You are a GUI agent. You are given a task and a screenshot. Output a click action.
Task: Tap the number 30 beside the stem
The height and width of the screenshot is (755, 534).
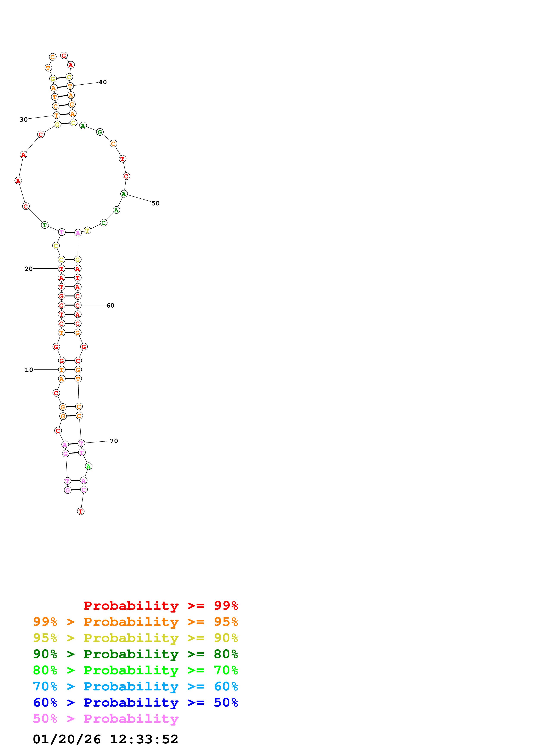point(24,119)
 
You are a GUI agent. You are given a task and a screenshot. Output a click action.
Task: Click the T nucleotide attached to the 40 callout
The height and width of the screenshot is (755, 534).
point(70,86)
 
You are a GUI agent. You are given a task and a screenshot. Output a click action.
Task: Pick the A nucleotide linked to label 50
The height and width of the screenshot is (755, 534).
point(124,194)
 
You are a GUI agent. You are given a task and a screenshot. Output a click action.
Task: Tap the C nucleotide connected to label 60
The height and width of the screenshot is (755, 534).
point(78,305)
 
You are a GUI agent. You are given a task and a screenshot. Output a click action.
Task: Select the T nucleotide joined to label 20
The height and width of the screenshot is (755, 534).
point(61,269)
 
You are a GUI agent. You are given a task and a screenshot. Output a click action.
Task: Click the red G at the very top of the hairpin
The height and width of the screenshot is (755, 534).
point(64,55)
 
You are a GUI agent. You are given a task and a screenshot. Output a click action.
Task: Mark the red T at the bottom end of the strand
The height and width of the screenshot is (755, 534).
point(81,511)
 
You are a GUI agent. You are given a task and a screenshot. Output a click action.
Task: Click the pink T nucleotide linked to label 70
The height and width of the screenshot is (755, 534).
point(81,443)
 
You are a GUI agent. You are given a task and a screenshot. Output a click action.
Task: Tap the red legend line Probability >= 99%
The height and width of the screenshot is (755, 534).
point(161,606)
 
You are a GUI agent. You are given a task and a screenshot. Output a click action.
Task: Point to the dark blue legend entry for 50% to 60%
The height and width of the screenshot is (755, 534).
point(135,702)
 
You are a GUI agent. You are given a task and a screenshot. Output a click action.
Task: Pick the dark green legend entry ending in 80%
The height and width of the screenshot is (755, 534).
point(135,654)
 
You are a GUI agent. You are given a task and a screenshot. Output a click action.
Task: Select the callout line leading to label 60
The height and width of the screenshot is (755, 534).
point(94,305)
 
